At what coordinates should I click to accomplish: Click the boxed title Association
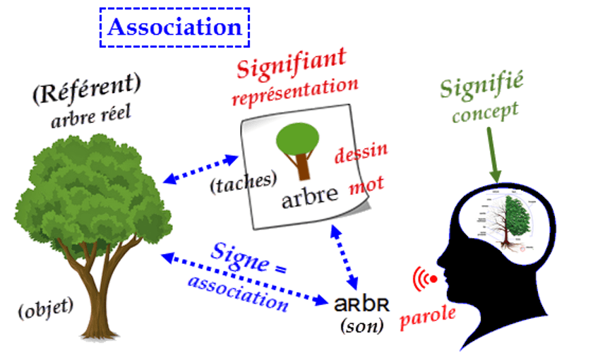click(x=175, y=28)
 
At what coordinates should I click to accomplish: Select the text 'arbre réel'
click(x=91, y=115)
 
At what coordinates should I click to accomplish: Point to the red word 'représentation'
click(x=294, y=90)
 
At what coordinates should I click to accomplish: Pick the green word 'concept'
click(x=485, y=112)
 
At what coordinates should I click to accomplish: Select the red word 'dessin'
click(x=361, y=152)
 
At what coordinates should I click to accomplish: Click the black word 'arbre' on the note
click(x=310, y=197)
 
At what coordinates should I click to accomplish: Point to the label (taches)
click(x=242, y=182)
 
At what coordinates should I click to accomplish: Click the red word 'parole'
click(x=428, y=316)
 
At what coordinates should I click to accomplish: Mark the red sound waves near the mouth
click(x=424, y=280)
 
